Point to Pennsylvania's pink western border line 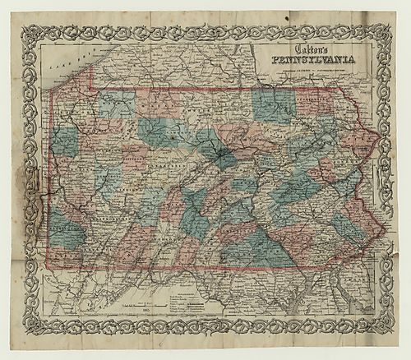point(53,181)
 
